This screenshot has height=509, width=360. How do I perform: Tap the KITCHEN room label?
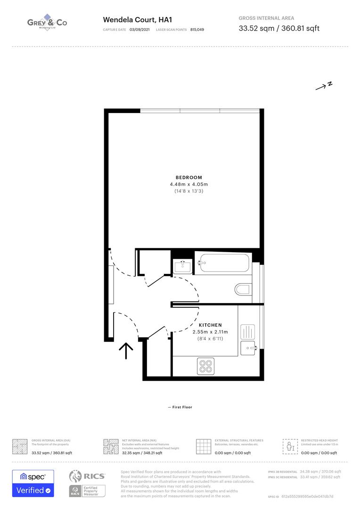click(x=210, y=325)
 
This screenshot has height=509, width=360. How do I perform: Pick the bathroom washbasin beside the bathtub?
click(x=182, y=266)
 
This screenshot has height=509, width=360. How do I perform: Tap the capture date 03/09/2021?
click(x=139, y=30)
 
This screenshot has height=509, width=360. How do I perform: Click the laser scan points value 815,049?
click(x=197, y=30)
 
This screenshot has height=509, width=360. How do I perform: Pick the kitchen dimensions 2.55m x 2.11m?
click(x=210, y=332)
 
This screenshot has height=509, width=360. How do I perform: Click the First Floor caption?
click(x=180, y=407)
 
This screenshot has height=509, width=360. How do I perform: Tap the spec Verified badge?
click(x=33, y=483)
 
